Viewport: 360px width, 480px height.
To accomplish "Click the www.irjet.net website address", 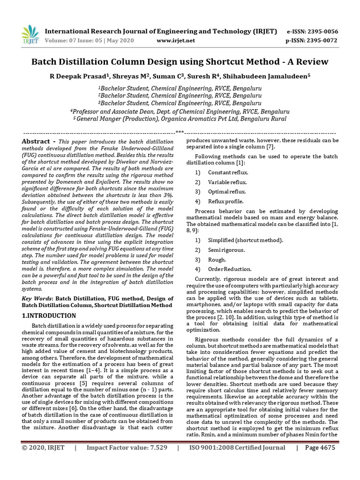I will pyautogui.click(x=176, y=41).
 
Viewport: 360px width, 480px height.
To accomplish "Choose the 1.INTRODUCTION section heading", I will pyautogui.click(x=49, y=315).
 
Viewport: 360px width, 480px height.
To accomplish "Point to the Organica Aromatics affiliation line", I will pyautogui.click(x=180, y=119).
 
